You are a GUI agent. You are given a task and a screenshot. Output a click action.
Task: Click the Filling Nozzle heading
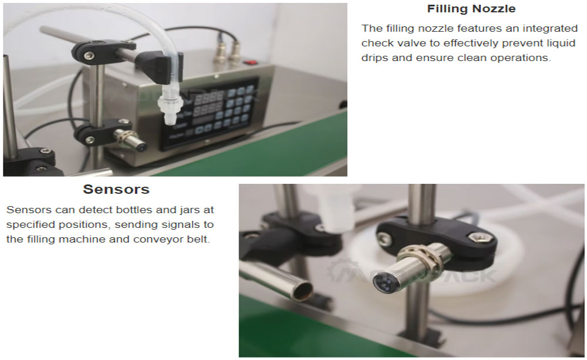tap(471, 9)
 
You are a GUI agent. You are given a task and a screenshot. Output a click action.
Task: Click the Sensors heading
tap(116, 189)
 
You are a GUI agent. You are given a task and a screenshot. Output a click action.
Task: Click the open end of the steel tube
tap(304, 291)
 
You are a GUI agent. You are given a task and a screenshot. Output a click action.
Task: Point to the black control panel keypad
tap(210, 110)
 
